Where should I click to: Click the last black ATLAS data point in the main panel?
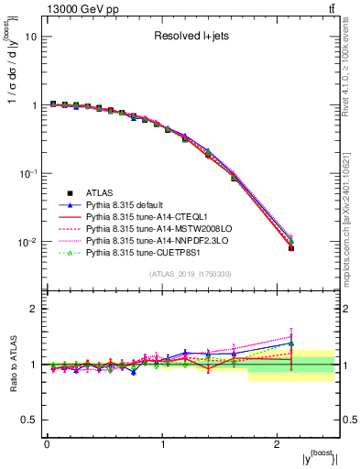point(291,248)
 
